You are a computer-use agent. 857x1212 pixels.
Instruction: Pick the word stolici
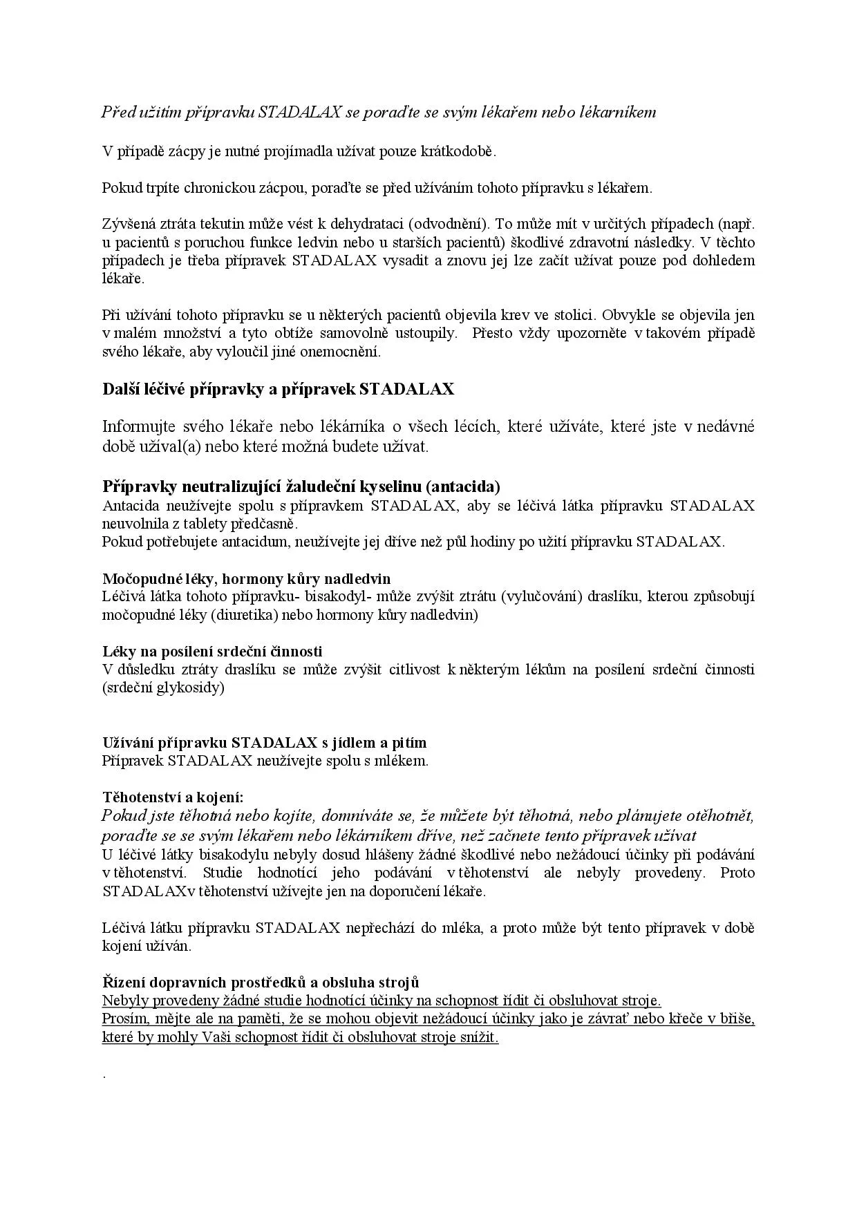click(x=574, y=315)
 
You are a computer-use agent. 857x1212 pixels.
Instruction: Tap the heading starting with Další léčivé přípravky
click(x=278, y=389)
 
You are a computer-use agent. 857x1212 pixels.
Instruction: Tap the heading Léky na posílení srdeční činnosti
click(x=212, y=651)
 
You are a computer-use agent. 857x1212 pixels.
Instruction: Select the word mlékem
click(x=406, y=761)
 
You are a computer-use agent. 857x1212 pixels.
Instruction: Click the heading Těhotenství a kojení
click(x=173, y=797)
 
